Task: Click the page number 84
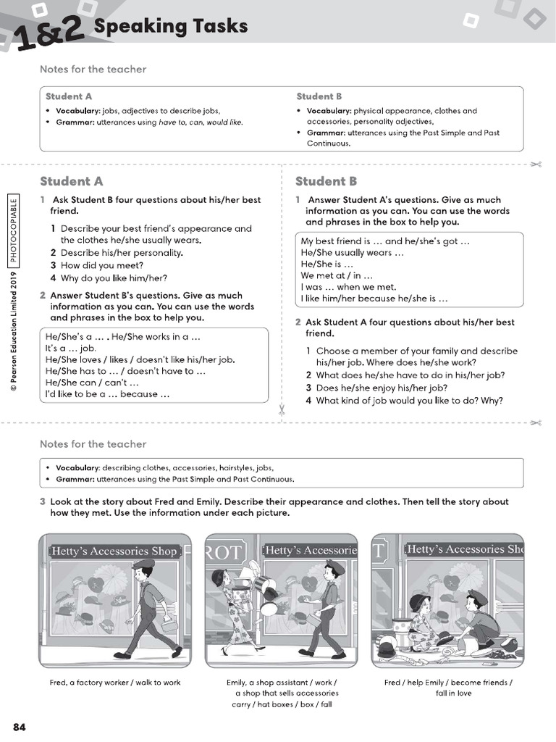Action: (20, 727)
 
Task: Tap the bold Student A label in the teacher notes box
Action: (69, 96)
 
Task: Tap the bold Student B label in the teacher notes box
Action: (319, 96)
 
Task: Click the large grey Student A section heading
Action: (72, 181)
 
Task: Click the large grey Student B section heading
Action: (326, 181)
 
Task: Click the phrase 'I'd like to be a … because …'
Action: (107, 394)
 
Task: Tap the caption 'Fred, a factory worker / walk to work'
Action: (115, 683)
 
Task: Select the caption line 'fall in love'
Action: (453, 693)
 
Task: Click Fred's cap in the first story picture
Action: (143, 565)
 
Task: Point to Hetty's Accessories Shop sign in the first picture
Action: (114, 551)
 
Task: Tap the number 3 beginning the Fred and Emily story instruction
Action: (43, 501)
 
